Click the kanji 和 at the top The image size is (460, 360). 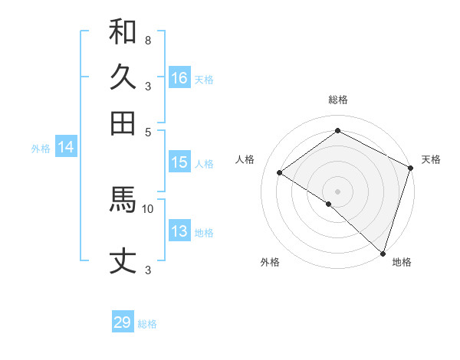(123, 33)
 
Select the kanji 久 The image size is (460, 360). (123, 77)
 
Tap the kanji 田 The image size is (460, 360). (123, 123)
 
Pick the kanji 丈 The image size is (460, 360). (123, 261)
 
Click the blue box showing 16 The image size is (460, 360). (179, 77)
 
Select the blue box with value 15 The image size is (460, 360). (179, 162)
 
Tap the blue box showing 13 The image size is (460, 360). (179, 231)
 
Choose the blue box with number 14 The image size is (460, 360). (66, 148)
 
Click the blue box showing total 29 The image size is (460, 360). (123, 322)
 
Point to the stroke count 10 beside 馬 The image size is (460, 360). (148, 208)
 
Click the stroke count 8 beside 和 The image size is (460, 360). (147, 40)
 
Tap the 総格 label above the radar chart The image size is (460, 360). (337, 100)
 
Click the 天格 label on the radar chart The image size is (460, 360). (431, 159)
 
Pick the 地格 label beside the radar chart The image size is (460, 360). (402, 262)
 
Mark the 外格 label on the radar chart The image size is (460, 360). (270, 262)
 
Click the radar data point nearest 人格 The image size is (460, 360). (280, 172)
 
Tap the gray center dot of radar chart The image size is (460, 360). (337, 191)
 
